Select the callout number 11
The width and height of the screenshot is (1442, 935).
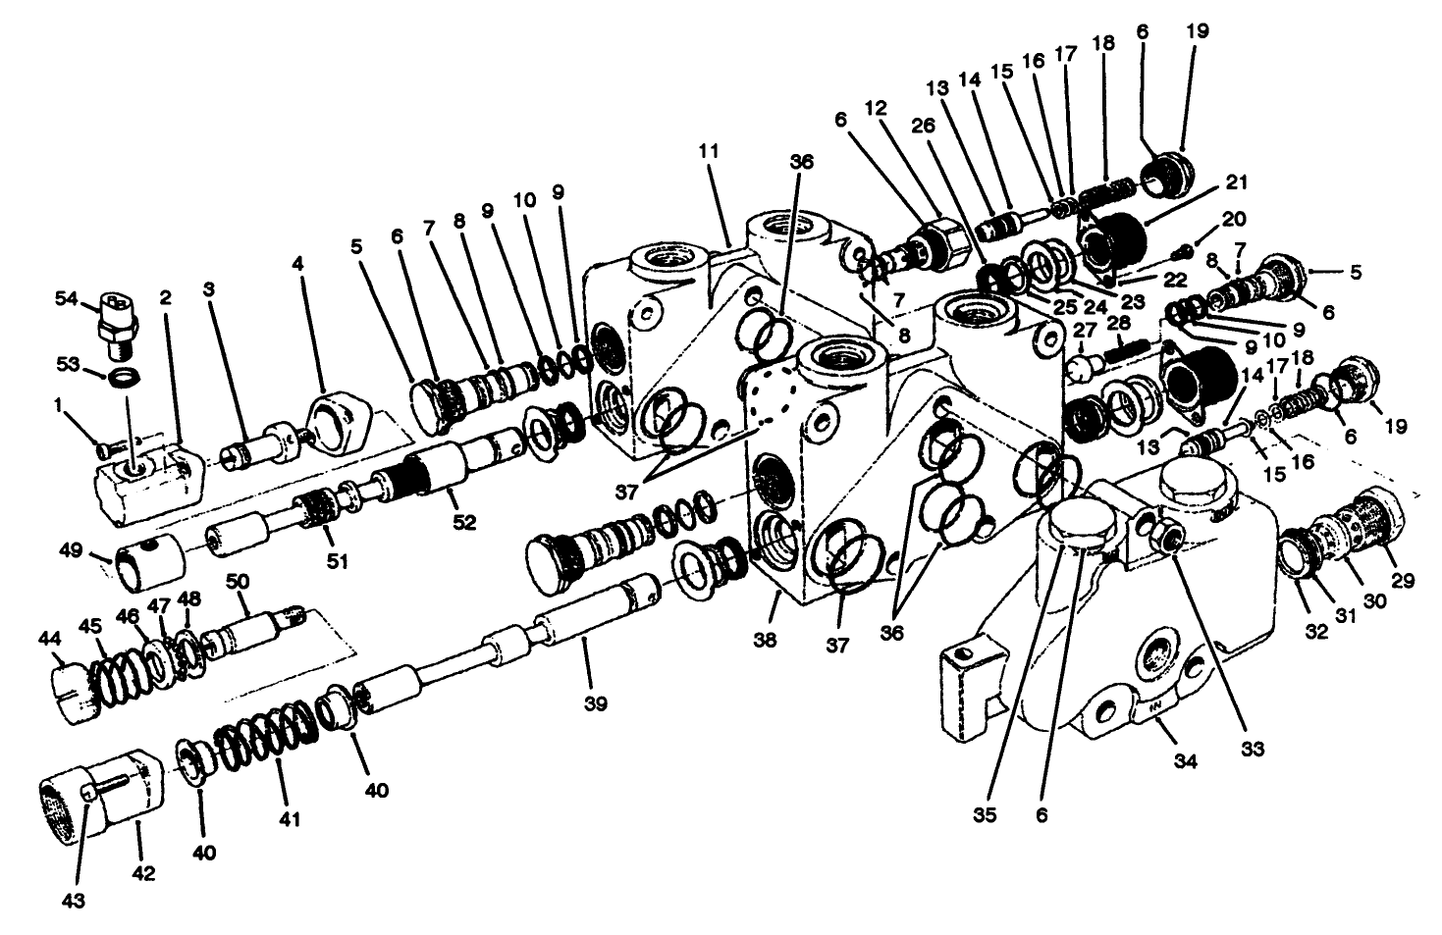click(x=709, y=151)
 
